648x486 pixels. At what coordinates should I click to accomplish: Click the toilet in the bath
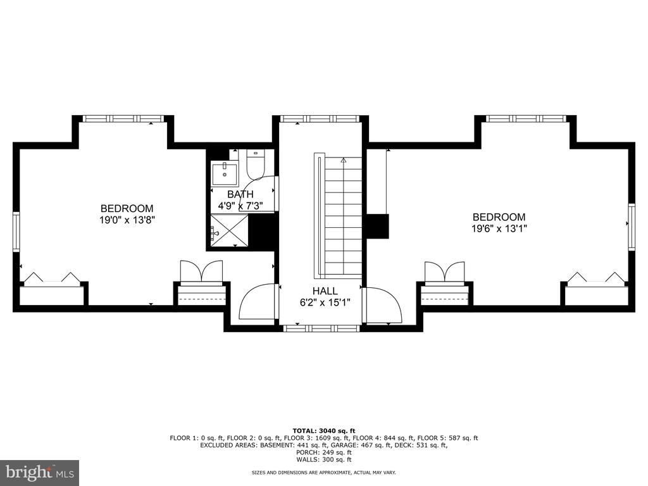pyautogui.click(x=256, y=164)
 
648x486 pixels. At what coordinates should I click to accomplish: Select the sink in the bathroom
pyautogui.click(x=225, y=174)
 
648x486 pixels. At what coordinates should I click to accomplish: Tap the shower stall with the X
pyautogui.click(x=229, y=230)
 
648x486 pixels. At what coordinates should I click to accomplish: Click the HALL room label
pyautogui.click(x=325, y=291)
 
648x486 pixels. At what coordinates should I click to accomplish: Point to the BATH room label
pyautogui.click(x=240, y=194)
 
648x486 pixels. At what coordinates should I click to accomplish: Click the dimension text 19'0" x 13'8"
pyautogui.click(x=127, y=220)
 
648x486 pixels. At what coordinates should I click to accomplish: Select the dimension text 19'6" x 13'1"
pyautogui.click(x=499, y=228)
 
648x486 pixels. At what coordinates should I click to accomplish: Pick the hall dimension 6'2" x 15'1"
pyautogui.click(x=325, y=302)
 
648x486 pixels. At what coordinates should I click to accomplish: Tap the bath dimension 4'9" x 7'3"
pyautogui.click(x=240, y=206)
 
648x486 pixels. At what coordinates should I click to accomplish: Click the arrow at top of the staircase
pyautogui.click(x=343, y=161)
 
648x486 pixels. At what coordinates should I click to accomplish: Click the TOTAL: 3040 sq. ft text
pyautogui.click(x=324, y=430)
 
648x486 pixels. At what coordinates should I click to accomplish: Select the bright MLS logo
pyautogui.click(x=39, y=473)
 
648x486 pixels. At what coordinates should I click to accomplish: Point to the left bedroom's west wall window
pyautogui.click(x=16, y=232)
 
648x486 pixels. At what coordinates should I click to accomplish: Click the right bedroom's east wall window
pyautogui.click(x=632, y=227)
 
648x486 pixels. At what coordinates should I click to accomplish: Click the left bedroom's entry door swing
pyautogui.click(x=257, y=301)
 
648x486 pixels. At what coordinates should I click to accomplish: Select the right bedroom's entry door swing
pyautogui.click(x=382, y=305)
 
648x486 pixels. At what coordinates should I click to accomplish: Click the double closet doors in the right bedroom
pyautogui.click(x=445, y=271)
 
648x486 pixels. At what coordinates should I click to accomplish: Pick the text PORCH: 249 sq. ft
pyautogui.click(x=324, y=452)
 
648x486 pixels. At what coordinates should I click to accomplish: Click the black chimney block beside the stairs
pyautogui.click(x=378, y=226)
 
